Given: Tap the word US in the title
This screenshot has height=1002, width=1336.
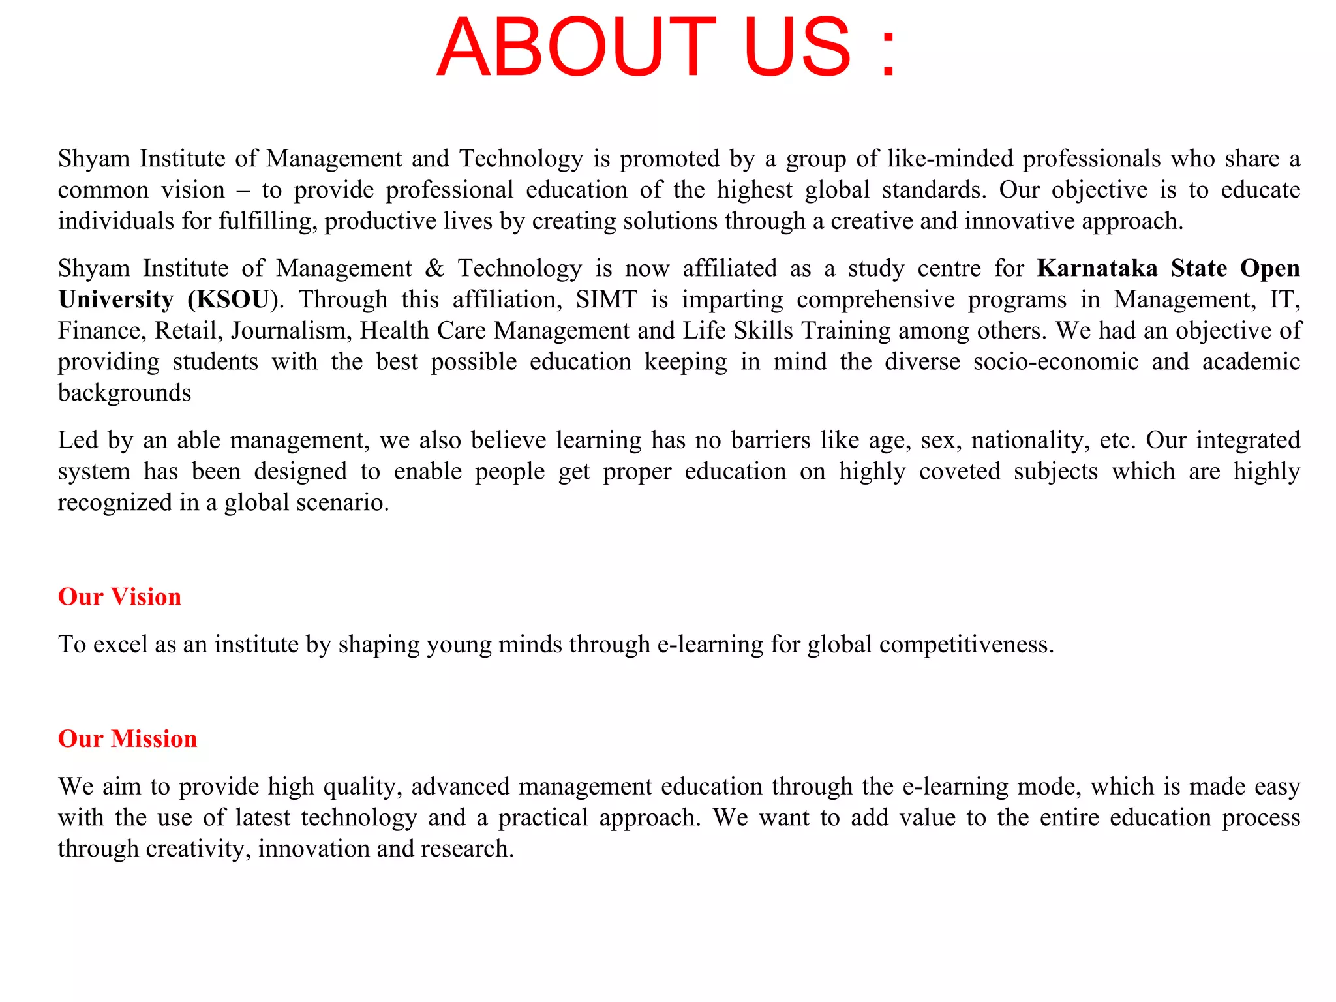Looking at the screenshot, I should click(x=797, y=47).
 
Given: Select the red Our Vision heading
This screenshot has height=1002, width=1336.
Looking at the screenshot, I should click(x=119, y=597).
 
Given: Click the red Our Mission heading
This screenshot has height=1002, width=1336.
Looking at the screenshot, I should click(x=127, y=738).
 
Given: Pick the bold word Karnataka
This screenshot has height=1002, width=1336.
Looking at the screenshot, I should click(x=1097, y=268).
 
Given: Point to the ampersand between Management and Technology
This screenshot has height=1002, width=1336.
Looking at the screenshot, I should click(x=434, y=268).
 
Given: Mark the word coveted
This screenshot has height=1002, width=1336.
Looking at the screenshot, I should click(x=959, y=472).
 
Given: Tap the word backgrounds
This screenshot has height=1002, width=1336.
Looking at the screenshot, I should click(x=125, y=393).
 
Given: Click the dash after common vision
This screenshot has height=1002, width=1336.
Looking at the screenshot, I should click(x=243, y=190).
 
